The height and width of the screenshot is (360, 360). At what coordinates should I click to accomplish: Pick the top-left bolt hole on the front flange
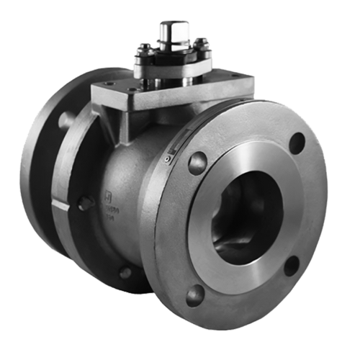(197, 163)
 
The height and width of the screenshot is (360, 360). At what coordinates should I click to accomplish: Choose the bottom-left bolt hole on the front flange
(195, 294)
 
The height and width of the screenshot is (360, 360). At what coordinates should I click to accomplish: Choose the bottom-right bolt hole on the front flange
(291, 266)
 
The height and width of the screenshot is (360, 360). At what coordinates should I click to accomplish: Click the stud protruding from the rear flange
(63, 120)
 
